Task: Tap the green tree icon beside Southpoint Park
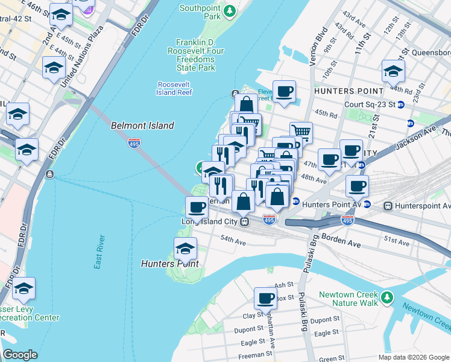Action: [230, 11]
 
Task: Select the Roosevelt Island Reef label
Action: [175, 88]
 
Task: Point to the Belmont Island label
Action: [142, 125]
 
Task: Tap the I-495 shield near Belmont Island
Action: [134, 142]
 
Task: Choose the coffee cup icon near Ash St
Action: [265, 297]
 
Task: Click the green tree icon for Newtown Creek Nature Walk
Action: [386, 298]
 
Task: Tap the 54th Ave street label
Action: [233, 241]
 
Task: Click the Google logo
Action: [20, 354]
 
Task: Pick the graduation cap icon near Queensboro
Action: [393, 71]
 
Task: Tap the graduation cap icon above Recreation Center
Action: [24, 289]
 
